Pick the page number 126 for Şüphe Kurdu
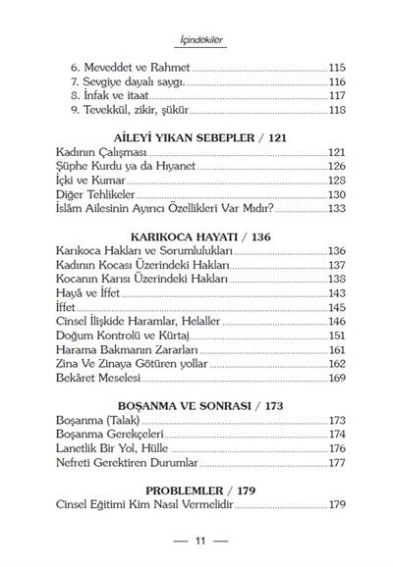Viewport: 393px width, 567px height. pyautogui.click(x=336, y=167)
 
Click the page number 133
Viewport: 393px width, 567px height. pyautogui.click(x=336, y=209)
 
